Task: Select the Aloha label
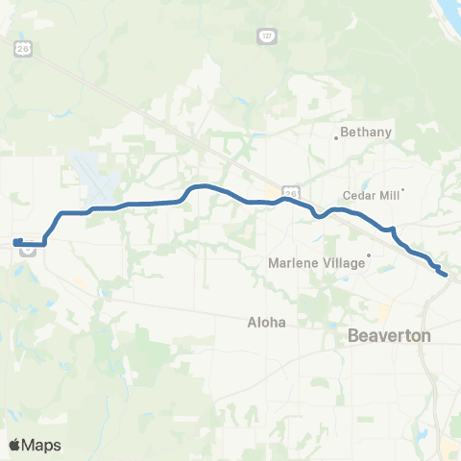coord(268,323)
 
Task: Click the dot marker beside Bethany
coord(335,137)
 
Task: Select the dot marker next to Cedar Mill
coord(403,189)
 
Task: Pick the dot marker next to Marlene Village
coord(369,256)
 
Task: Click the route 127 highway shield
coord(266,36)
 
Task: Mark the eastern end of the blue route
coord(446,275)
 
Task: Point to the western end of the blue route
coord(15,241)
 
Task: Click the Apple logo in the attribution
coord(14,445)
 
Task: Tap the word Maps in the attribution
coord(42,445)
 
